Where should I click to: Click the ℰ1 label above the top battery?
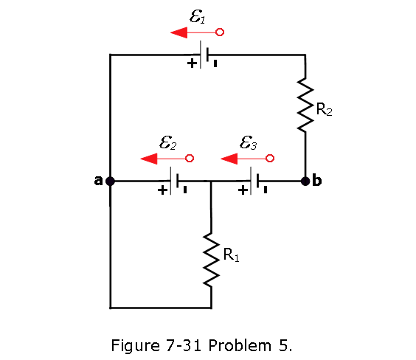pyautogui.click(x=198, y=16)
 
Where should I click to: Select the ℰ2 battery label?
pyautogui.click(x=167, y=142)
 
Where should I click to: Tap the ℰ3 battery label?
pyautogui.click(x=248, y=142)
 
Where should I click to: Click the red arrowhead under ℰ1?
pyautogui.click(x=179, y=32)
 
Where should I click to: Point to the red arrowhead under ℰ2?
pyautogui.click(x=149, y=159)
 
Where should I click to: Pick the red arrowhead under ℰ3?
pyautogui.click(x=229, y=159)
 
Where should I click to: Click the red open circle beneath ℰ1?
pyautogui.click(x=220, y=32)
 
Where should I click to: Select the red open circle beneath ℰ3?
pyautogui.click(x=270, y=159)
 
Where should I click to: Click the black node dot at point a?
pyautogui.click(x=110, y=181)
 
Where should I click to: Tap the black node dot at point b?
pyautogui.click(x=305, y=181)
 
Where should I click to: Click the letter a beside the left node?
pyautogui.click(x=98, y=181)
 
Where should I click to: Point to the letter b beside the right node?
pyautogui.click(x=317, y=180)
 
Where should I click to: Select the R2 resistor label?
pyautogui.click(x=324, y=109)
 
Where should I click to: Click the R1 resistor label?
pyautogui.click(x=231, y=255)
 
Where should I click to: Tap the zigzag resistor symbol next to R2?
pyautogui.click(x=305, y=105)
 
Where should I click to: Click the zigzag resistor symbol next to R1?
pyautogui.click(x=211, y=260)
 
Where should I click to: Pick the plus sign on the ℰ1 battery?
pyautogui.click(x=192, y=63)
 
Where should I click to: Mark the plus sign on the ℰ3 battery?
pyautogui.click(x=243, y=190)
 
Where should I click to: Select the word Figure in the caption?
pyautogui.click(x=135, y=346)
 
